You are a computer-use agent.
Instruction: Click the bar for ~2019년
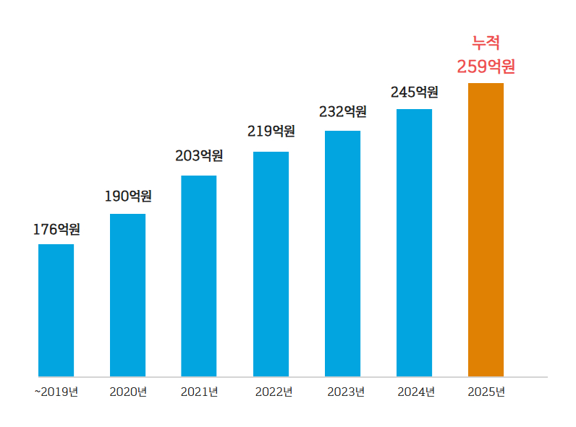point(56,310)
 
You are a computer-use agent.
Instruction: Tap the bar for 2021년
point(198,276)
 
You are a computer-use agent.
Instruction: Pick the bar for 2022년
point(271,264)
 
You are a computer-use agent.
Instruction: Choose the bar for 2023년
point(342,254)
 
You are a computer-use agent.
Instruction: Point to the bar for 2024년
point(414,243)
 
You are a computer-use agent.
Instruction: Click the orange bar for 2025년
point(486,230)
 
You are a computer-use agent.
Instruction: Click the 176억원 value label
point(56,230)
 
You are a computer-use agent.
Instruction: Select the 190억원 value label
point(128,196)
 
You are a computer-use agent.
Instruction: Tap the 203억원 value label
point(199,155)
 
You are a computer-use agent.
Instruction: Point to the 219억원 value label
point(271,131)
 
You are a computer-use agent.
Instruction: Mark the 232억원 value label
point(343,112)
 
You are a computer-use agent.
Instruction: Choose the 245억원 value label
point(415,92)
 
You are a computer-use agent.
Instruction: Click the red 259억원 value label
point(486,67)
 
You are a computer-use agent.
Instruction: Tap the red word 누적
point(486,43)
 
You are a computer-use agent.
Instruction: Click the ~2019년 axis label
point(56,392)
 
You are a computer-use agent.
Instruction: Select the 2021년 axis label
point(199,392)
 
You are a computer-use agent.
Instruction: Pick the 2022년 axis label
point(274,392)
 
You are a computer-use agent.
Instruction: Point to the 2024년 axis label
point(415,392)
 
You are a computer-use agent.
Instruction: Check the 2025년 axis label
point(486,392)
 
